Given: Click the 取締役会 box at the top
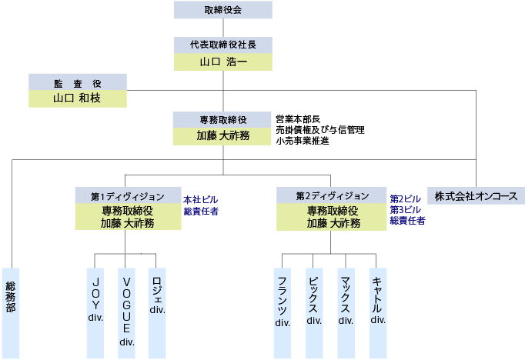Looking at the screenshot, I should pos(222,10).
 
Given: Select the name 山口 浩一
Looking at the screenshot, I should pos(222,62).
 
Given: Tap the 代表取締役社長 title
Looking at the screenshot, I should pos(222,45).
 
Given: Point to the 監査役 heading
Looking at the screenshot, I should pos(77,82).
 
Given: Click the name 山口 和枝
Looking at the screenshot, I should pos(77,98).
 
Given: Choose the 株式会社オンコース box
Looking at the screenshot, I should pos(477,195).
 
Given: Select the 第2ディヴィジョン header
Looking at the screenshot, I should pos(332,195).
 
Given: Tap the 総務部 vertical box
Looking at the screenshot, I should pos(11,312).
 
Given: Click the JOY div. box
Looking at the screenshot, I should pos(95,312).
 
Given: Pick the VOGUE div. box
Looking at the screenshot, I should pos(126,312).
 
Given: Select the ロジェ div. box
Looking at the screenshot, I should pos(157,312).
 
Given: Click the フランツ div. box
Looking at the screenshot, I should pos(283,312).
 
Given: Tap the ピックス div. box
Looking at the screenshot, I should pos(314,312).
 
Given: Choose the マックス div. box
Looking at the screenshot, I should pos(346,312).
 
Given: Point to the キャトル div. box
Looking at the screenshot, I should pos(377,312).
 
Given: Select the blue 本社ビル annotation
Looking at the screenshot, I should pos(200,198).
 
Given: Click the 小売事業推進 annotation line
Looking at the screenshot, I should pos(302,141).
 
